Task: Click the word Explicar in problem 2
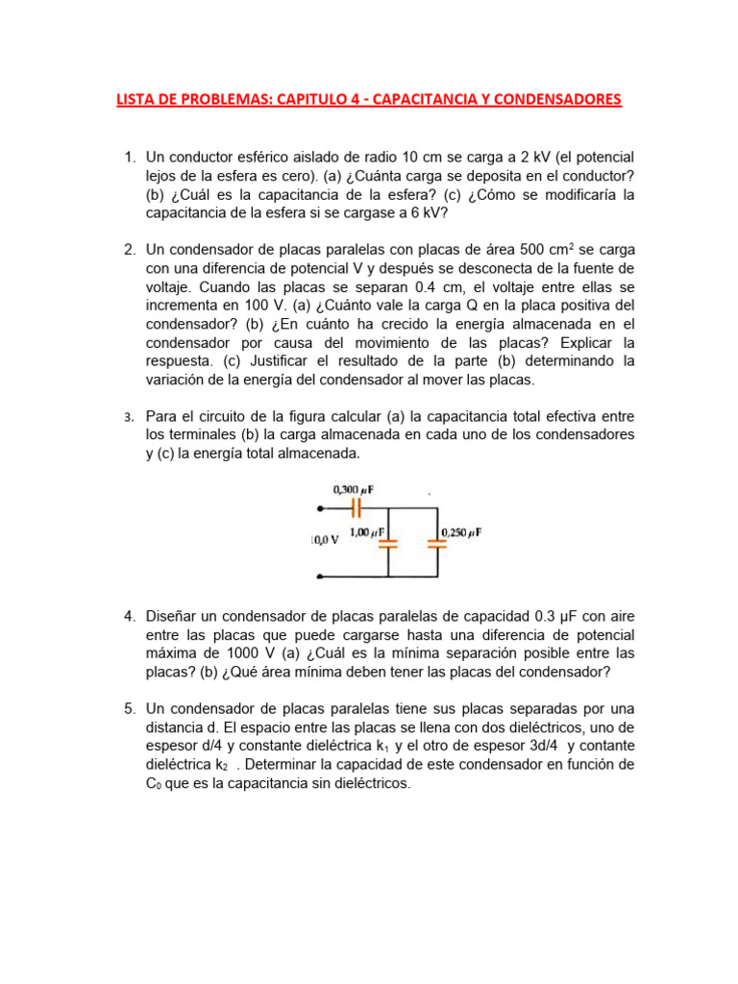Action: tap(550, 342)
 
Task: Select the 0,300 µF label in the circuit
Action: tap(353, 490)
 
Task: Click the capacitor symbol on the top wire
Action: tap(355, 505)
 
